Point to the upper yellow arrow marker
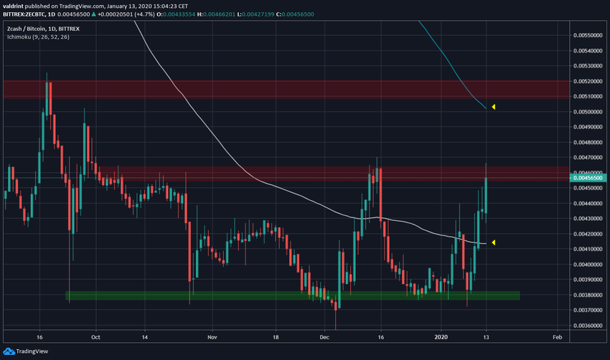[x=493, y=108]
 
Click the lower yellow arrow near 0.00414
[x=493, y=242]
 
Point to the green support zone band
[x=287, y=295]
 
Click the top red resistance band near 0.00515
[x=287, y=89]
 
